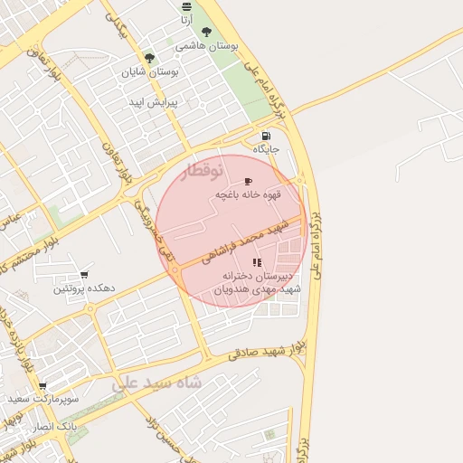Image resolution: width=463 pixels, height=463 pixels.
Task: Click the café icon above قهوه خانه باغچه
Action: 249,182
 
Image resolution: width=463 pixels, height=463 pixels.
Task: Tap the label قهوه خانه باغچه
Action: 249,195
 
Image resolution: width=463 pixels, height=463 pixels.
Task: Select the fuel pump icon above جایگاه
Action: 266,136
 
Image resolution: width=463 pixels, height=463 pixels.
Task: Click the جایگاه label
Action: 266,148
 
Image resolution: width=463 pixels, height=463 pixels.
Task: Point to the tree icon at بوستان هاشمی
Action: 207,31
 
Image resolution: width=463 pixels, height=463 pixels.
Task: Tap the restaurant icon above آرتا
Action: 186,6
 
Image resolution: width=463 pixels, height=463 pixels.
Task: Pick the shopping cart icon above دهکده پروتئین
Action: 84,275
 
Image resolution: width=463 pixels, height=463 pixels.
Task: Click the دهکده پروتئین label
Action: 84,288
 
